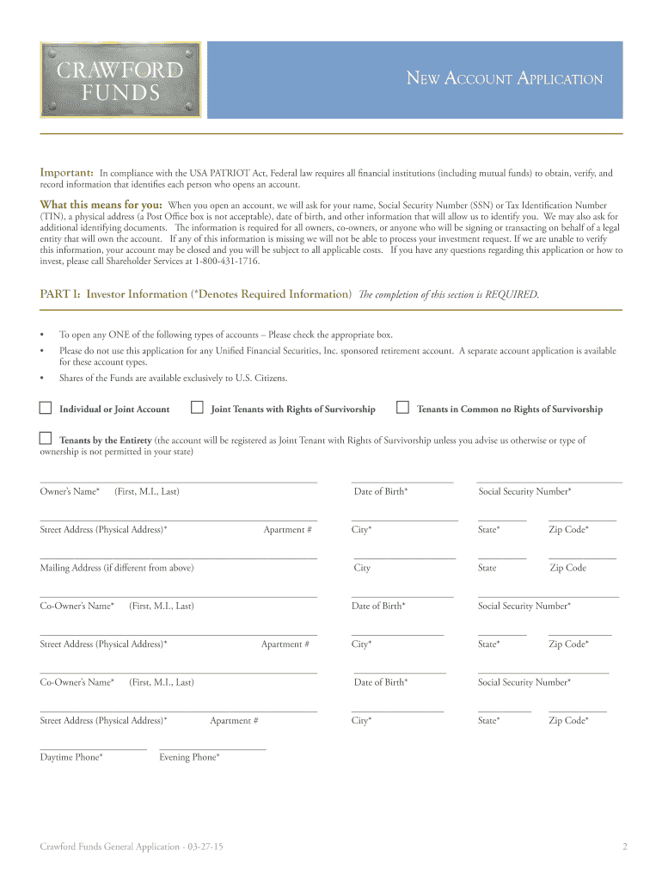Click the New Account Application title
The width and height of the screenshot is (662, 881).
coord(504,79)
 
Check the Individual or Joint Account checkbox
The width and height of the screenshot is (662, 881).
coord(46,408)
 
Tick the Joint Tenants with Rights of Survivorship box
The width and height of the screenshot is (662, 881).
coord(197,408)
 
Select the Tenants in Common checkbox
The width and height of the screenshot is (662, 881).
coord(401,408)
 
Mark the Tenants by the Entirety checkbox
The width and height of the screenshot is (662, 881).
coord(46,439)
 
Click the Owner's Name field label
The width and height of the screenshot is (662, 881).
coord(70,491)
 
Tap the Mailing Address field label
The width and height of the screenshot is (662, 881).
coord(117,568)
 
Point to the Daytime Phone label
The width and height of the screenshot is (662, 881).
coord(71,757)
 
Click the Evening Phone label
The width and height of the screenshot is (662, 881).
coord(189,757)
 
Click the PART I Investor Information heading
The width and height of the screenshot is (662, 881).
coord(196,294)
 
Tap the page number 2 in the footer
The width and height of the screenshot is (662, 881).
coord(625,847)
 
